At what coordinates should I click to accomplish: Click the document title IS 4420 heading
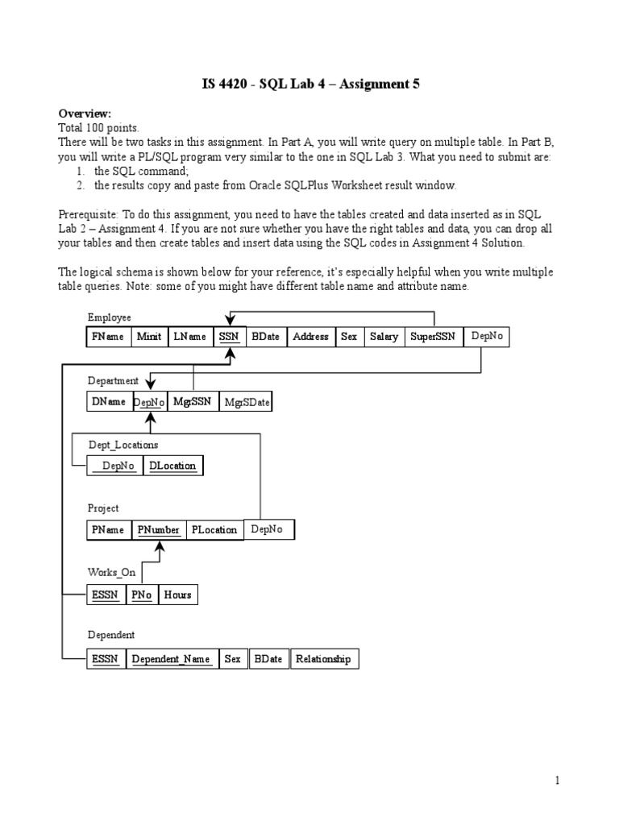click(x=309, y=84)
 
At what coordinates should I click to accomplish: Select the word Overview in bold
click(x=85, y=114)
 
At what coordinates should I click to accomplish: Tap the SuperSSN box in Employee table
click(x=434, y=337)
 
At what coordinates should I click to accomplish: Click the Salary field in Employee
click(x=384, y=337)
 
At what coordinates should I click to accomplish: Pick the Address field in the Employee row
click(x=310, y=337)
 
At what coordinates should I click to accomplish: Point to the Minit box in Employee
click(x=149, y=337)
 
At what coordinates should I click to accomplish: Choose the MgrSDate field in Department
click(x=247, y=401)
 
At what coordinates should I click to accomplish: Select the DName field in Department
click(x=109, y=401)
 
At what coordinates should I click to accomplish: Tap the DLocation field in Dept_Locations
click(x=172, y=466)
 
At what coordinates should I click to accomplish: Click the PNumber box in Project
click(x=159, y=530)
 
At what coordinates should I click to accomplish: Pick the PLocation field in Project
click(x=214, y=530)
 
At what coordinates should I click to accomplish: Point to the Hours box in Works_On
click(x=177, y=595)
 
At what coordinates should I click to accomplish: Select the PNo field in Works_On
click(x=142, y=595)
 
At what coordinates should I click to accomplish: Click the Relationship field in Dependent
click(x=324, y=659)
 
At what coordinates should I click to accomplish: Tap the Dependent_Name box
click(x=171, y=659)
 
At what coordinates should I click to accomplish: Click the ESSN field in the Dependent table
click(x=106, y=659)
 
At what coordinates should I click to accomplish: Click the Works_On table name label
click(x=111, y=572)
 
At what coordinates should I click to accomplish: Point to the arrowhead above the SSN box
click(x=230, y=321)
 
